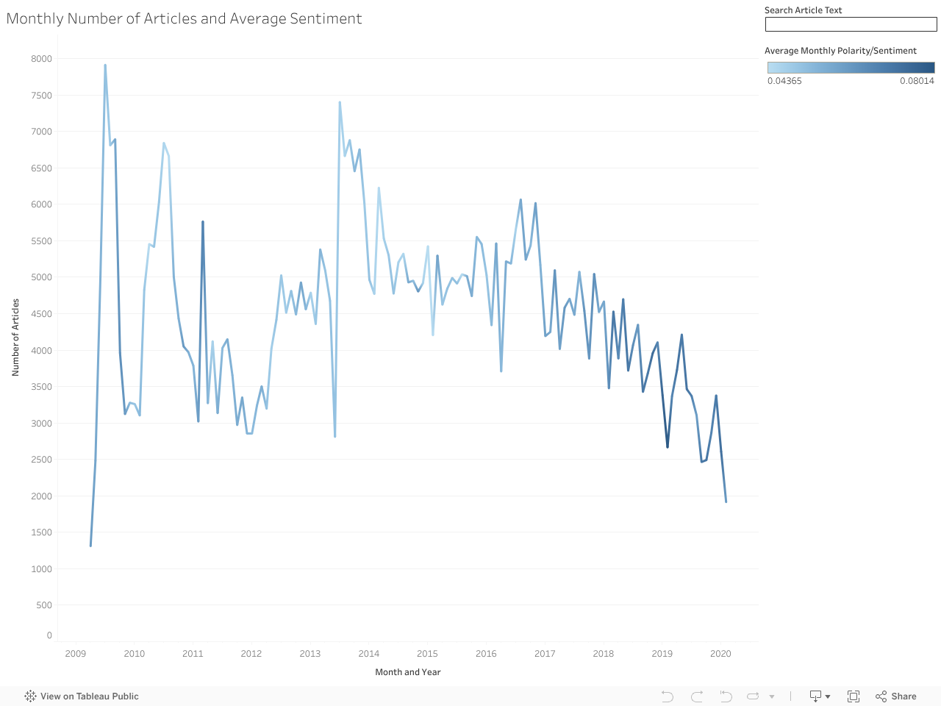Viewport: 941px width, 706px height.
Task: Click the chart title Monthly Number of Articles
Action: pyautogui.click(x=184, y=18)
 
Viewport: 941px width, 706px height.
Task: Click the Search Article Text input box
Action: pyautogui.click(x=851, y=24)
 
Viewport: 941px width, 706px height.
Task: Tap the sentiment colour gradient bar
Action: pyautogui.click(x=851, y=67)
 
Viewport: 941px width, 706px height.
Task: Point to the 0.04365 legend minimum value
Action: pyautogui.click(x=784, y=81)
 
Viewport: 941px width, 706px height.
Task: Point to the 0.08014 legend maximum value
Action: pyautogui.click(x=917, y=81)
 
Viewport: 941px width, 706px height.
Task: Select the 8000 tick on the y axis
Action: pyautogui.click(x=41, y=59)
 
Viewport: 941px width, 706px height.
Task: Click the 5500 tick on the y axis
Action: pyautogui.click(x=41, y=241)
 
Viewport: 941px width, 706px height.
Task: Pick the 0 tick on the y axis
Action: pyautogui.click(x=49, y=635)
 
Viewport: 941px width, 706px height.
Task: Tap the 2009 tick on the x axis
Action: pyautogui.click(x=76, y=654)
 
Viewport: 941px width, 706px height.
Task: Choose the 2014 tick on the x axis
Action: pyautogui.click(x=369, y=654)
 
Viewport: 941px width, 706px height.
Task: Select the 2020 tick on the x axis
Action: pyautogui.click(x=720, y=654)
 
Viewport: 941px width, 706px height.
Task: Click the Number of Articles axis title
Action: pyautogui.click(x=15, y=338)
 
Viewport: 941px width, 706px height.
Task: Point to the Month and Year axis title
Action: pyautogui.click(x=408, y=672)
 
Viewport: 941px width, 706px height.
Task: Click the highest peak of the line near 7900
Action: pyautogui.click(x=105, y=65)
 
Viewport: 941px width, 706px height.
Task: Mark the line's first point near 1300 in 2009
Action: pyautogui.click(x=90, y=546)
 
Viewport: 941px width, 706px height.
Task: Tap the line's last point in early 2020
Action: pyautogui.click(x=726, y=502)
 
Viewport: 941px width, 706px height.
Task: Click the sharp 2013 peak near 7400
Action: pyautogui.click(x=340, y=103)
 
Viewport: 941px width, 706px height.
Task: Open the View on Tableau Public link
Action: pyautogui.click(x=82, y=696)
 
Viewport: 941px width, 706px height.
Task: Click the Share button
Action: pyautogui.click(x=896, y=696)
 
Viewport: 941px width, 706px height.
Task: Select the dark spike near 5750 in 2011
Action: pyautogui.click(x=203, y=222)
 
